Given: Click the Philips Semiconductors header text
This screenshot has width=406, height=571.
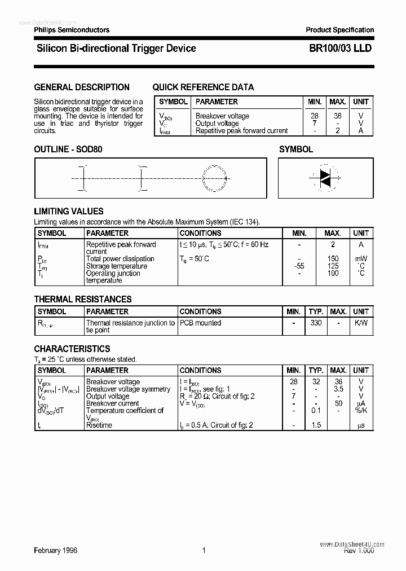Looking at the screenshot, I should point(72,30).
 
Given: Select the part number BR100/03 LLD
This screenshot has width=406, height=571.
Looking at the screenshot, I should point(340,49).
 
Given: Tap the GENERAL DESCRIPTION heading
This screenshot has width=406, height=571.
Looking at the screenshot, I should point(82,87).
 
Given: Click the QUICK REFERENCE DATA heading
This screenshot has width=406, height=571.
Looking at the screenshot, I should point(203,87).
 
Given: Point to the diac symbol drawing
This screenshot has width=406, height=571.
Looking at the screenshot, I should point(325,178).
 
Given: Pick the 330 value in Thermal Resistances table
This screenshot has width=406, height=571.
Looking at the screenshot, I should point(316,323).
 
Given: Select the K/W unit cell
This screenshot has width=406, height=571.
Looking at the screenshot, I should point(361,323).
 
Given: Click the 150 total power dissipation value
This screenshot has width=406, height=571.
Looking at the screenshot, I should point(333,259).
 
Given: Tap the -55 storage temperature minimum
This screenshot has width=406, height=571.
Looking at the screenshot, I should point(299,266).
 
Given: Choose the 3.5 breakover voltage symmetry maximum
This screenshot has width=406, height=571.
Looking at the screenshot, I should point(338,389).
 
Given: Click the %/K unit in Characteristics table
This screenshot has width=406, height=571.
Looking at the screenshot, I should point(361,411).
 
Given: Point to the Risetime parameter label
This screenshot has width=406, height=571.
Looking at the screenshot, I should point(99,425).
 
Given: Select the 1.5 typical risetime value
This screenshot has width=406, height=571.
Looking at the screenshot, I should point(316,425).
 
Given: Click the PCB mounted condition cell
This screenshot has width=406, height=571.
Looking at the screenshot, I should point(200,323).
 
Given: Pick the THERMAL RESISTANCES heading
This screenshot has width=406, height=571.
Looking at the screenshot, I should point(83,299).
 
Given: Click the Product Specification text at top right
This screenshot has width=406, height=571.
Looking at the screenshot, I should point(339,30).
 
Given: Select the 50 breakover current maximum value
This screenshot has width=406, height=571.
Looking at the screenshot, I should point(338,403).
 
